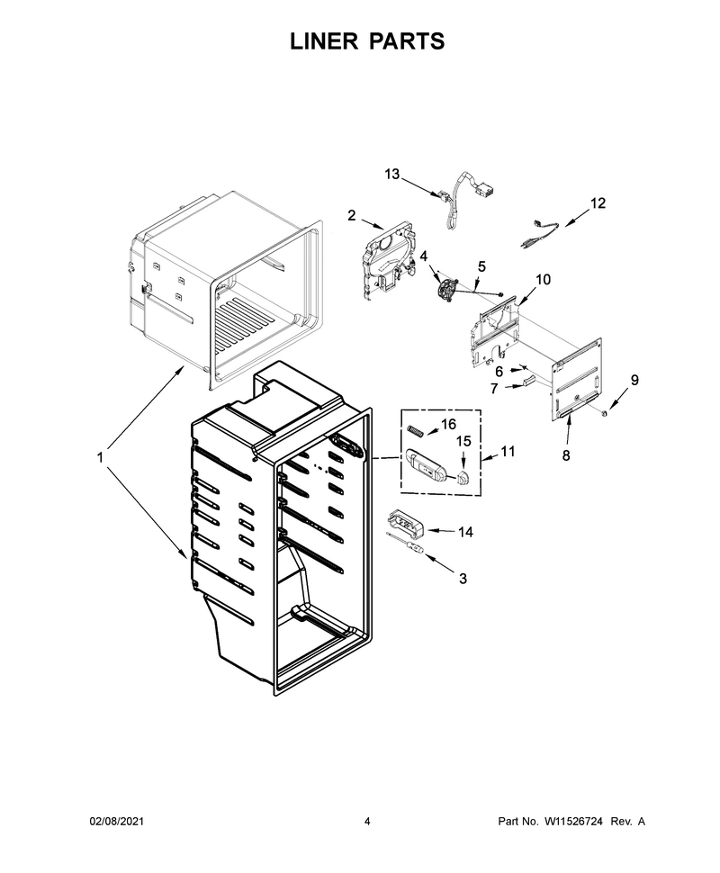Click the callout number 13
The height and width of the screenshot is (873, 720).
click(392, 175)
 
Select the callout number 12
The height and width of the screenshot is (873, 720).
click(598, 203)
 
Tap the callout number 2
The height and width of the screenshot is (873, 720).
click(351, 215)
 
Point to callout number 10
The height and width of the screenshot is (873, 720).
click(543, 280)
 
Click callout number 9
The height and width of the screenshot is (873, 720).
click(634, 381)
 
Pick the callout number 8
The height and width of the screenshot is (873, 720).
click(566, 455)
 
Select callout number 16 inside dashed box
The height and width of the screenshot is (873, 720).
click(448, 424)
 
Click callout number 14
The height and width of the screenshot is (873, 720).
click(465, 532)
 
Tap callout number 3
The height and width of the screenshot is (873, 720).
click(463, 579)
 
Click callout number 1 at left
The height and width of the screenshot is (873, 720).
click(100, 458)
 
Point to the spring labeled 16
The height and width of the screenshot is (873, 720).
click(416, 430)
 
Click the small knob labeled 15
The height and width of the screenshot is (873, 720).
click(463, 476)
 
